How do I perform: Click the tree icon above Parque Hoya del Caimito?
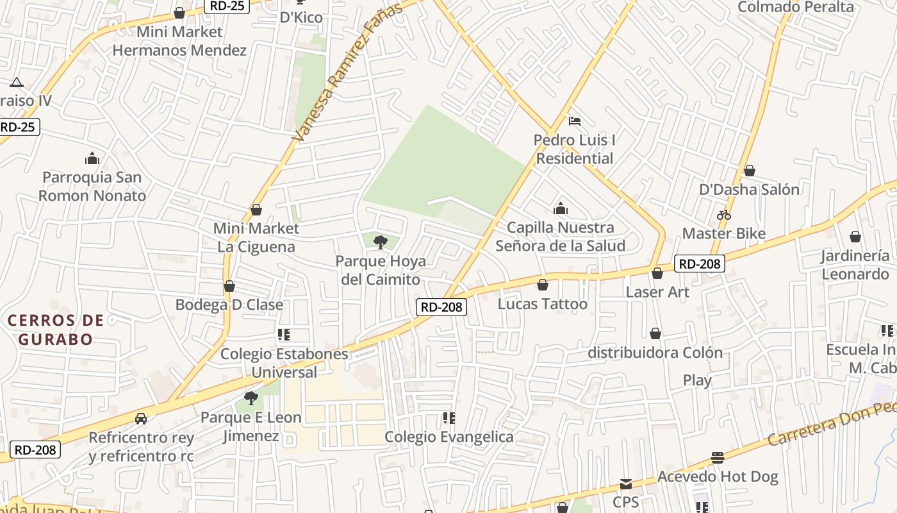(x=381, y=242)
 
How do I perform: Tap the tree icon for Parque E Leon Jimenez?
(x=251, y=398)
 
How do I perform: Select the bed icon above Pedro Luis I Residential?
(x=575, y=121)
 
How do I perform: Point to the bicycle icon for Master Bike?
(x=724, y=215)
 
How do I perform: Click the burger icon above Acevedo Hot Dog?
(x=718, y=458)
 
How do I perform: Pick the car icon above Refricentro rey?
(x=141, y=419)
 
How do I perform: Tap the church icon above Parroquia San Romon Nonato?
(x=92, y=158)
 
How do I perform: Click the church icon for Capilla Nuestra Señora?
(x=561, y=208)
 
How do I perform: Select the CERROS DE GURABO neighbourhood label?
(x=56, y=330)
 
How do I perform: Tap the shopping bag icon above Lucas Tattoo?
(x=543, y=285)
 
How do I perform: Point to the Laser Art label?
(x=657, y=292)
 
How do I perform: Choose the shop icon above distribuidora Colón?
(x=655, y=333)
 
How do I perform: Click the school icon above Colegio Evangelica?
(x=449, y=418)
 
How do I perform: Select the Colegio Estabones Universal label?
(x=284, y=363)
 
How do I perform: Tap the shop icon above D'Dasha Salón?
(x=749, y=171)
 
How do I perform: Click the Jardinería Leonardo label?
(x=855, y=265)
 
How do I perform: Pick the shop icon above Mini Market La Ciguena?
(x=256, y=210)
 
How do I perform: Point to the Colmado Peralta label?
(x=796, y=7)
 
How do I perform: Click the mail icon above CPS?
(x=626, y=484)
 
